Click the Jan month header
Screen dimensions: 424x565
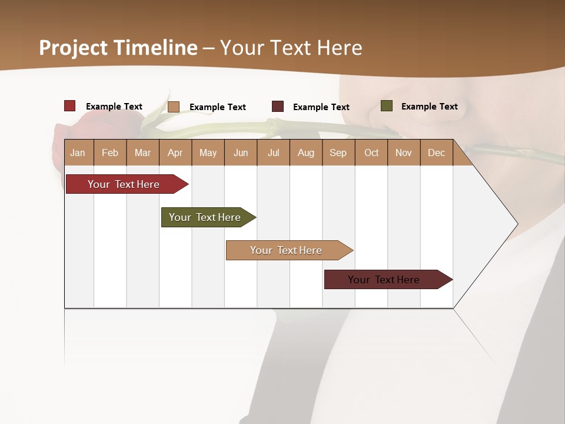point(78,153)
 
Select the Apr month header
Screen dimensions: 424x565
point(175,153)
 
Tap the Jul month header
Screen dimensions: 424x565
point(273,153)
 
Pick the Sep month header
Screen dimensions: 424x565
point(338,153)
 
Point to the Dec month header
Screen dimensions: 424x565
point(436,153)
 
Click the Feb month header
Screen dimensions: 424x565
point(110,153)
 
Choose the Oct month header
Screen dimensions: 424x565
point(371,153)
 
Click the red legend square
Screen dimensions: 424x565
point(70,106)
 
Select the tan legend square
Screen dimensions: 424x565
point(174,107)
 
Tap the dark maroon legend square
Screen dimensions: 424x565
point(278,107)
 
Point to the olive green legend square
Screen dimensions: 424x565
point(387,106)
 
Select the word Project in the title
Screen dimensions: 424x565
point(74,48)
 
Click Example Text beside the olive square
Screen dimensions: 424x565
point(429,107)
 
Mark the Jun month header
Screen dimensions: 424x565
point(241,153)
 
